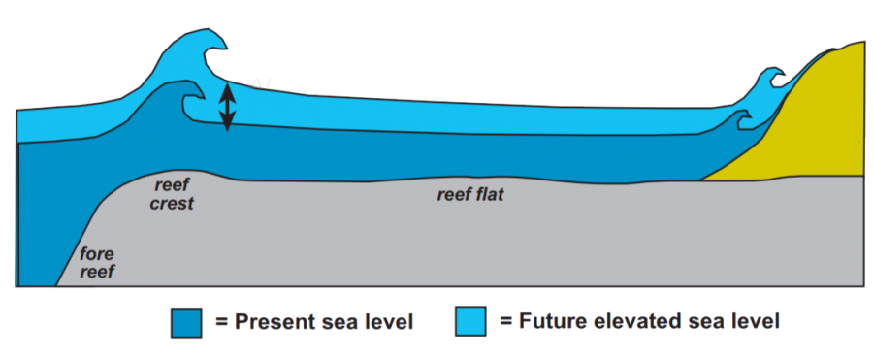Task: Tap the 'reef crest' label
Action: pos(174,192)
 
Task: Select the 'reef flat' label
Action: pos(470,194)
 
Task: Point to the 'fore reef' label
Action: pos(96,264)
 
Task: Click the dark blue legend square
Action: pos(185,321)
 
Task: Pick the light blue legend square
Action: pos(470,321)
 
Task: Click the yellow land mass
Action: pos(815,126)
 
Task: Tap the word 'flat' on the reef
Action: pos(490,194)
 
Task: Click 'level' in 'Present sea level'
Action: pos(388,322)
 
